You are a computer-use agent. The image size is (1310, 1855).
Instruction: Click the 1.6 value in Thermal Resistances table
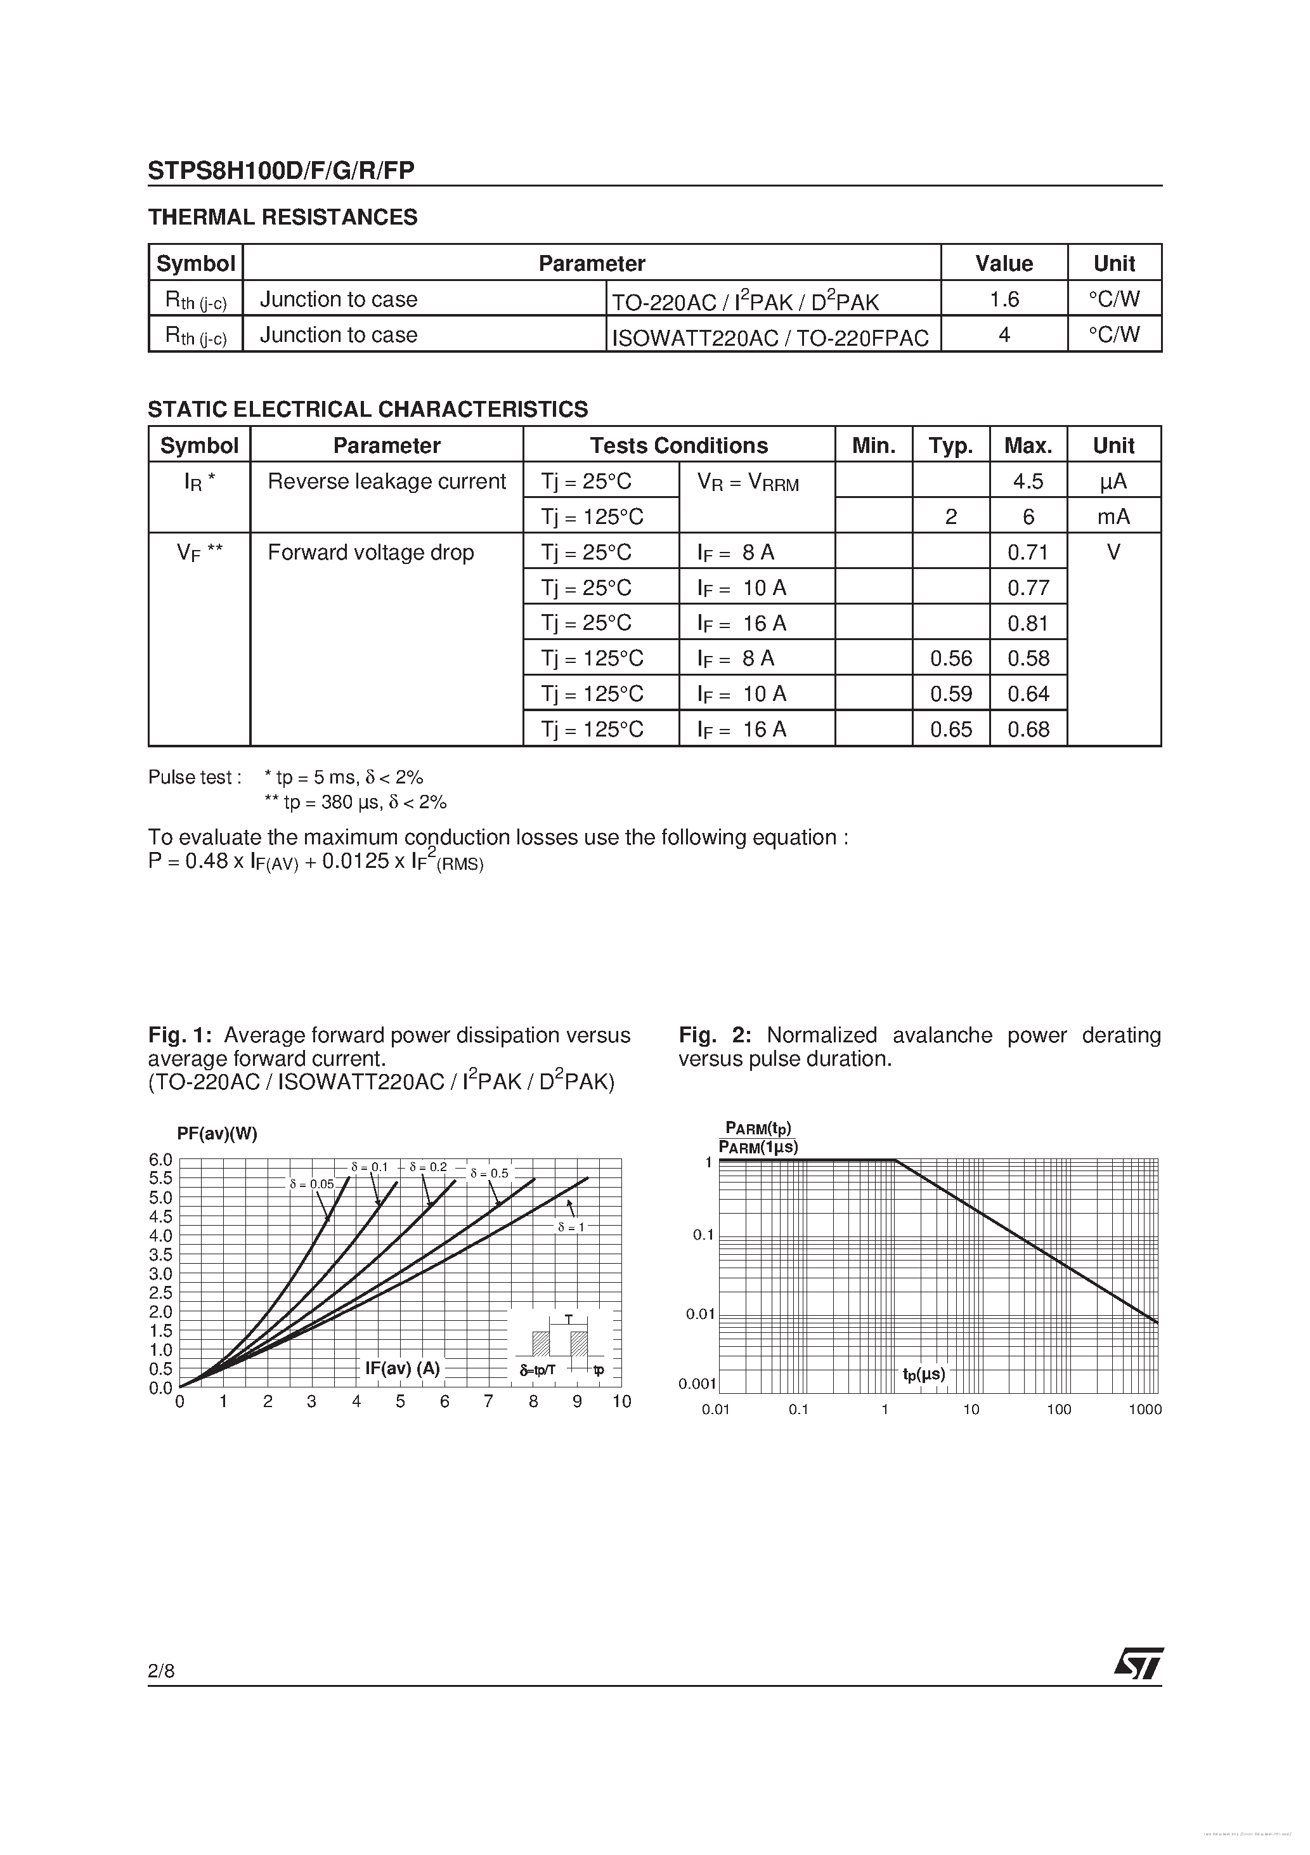(x=1004, y=299)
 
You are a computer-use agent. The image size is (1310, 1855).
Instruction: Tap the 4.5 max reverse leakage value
(x=1028, y=482)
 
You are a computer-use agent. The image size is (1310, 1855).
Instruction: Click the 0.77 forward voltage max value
(x=1028, y=588)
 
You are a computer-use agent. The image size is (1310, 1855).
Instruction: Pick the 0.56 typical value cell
(x=950, y=659)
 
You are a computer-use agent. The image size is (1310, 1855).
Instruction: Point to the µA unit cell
(x=1113, y=482)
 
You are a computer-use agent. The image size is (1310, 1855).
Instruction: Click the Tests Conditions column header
(x=678, y=445)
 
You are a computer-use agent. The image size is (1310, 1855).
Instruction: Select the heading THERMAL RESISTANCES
(x=283, y=218)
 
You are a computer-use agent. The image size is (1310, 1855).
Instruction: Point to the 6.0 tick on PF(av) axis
(x=160, y=1160)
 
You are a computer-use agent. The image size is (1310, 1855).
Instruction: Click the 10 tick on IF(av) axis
(x=621, y=1402)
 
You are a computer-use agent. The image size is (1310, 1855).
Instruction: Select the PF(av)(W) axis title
(x=216, y=1134)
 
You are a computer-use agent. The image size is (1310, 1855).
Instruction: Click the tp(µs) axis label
(x=924, y=1373)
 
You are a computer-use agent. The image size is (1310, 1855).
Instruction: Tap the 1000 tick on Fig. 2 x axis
(x=1145, y=1410)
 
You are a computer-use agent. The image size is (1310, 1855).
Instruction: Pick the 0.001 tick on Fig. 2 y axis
(x=697, y=1384)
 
